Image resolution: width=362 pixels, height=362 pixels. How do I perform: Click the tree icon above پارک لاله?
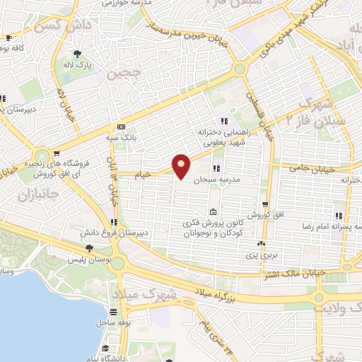77,53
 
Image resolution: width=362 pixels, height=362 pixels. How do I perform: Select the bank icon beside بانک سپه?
121,127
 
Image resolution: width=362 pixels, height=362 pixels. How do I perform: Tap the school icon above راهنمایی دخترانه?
224,120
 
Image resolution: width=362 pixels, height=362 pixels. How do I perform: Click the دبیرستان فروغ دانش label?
115,232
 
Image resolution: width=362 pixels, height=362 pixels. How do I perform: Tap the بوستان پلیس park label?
90,258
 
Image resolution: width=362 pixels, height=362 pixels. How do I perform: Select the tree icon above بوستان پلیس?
89,247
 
